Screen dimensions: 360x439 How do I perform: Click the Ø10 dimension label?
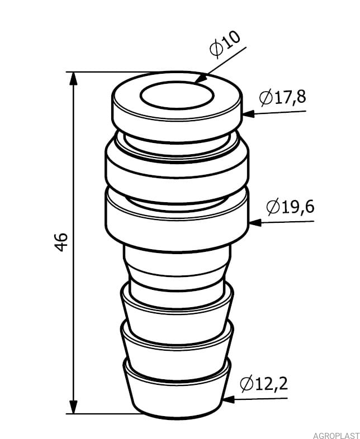click(225, 44)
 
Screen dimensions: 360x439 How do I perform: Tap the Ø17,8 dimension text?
click(282, 97)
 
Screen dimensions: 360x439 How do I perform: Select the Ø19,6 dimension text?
click(290, 207)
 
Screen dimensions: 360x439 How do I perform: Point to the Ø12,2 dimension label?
click(264, 384)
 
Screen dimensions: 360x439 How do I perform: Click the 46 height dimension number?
click(61, 242)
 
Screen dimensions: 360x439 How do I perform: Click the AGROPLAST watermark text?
click(336, 436)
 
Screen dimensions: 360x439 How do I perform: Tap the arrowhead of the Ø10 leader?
click(201, 78)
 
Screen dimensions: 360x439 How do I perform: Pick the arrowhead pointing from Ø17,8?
click(249, 114)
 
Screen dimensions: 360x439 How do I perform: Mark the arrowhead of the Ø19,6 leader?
click(255, 223)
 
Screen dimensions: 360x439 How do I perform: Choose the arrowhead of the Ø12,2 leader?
click(229, 399)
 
